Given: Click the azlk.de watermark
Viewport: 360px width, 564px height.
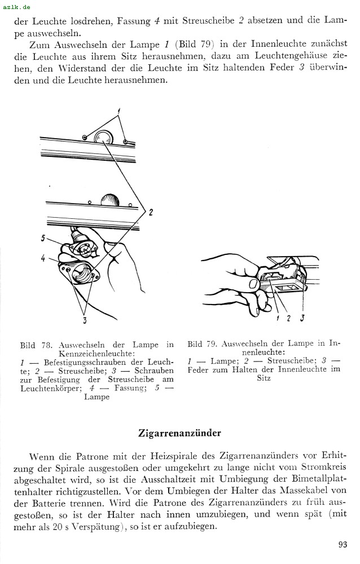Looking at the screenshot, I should click(x=17, y=7).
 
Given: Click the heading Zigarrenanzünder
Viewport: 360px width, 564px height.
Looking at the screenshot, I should click(x=180, y=433).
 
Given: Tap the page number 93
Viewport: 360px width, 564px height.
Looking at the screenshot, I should click(x=343, y=544).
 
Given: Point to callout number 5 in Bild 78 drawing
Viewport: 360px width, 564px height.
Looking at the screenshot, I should click(x=43, y=238).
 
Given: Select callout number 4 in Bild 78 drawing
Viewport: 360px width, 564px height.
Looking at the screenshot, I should click(x=43, y=258).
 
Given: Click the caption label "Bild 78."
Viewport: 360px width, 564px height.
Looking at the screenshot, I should click(x=36, y=345).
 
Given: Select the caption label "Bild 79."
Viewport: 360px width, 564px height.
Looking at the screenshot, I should click(x=203, y=343).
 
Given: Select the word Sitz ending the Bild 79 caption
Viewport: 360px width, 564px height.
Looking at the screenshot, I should click(x=264, y=378).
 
